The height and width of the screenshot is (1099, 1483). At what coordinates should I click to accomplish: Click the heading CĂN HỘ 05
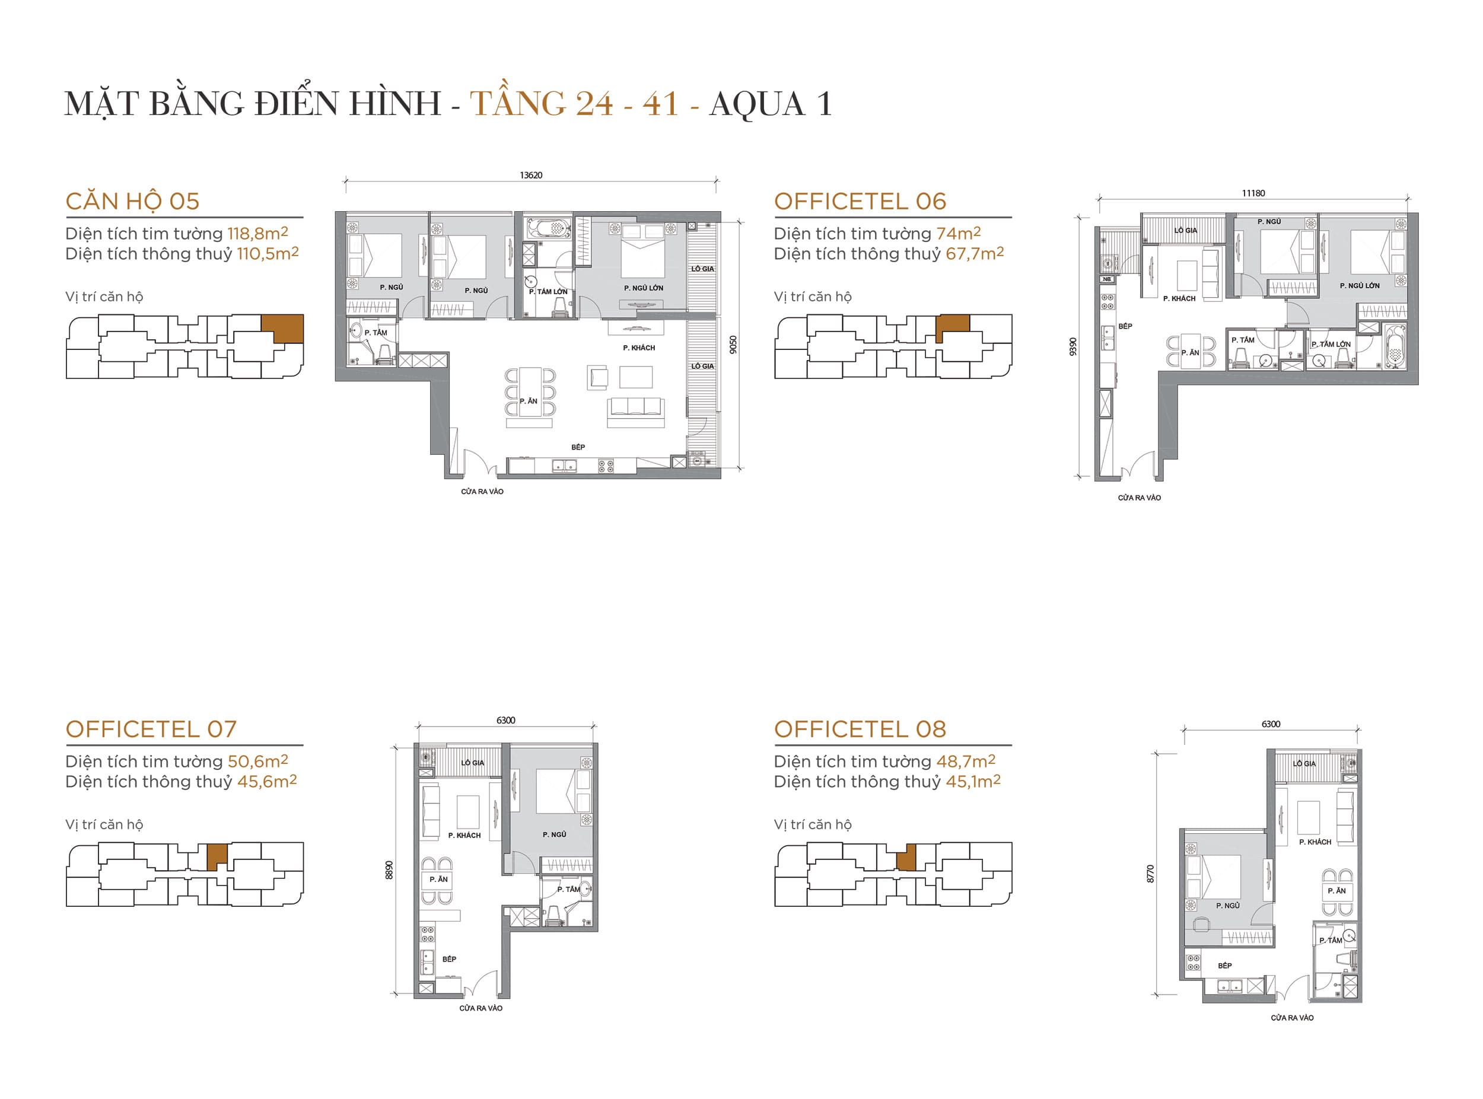[132, 202]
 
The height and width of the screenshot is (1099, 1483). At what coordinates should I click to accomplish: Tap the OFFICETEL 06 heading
[860, 202]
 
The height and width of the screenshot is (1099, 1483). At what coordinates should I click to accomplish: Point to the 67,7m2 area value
[974, 253]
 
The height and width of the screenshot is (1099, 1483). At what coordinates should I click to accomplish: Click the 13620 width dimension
[530, 176]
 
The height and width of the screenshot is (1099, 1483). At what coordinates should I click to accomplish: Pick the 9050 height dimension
[733, 345]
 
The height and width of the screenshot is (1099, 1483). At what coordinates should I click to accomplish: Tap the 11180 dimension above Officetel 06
[1253, 193]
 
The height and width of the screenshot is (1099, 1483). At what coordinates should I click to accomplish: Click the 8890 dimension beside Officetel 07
[389, 869]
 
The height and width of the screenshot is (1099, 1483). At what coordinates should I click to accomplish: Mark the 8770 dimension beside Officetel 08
[1150, 874]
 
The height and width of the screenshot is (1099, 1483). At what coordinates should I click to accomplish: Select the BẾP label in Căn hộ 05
[578, 447]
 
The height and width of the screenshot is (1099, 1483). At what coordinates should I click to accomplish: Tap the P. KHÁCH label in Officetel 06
[1179, 299]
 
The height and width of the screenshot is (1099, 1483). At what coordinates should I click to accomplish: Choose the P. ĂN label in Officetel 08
[1336, 891]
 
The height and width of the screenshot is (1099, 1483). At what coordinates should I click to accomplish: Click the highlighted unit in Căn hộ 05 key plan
[284, 328]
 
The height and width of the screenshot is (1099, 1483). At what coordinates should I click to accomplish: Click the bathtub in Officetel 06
[1395, 346]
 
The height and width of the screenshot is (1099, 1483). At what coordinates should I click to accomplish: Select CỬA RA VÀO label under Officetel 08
[1291, 1018]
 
